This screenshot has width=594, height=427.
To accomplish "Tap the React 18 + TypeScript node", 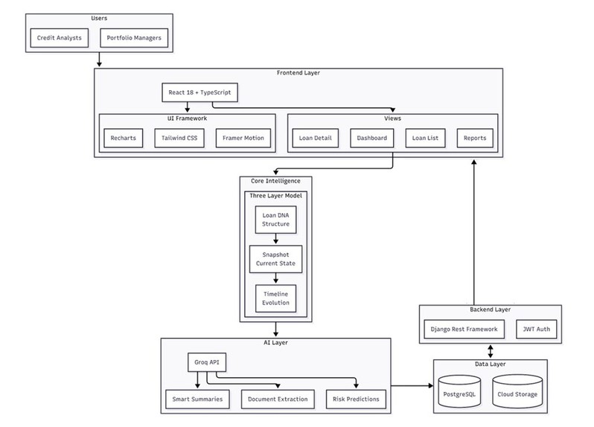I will pyautogui.click(x=199, y=93).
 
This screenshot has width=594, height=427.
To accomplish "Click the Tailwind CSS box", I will pyautogui.click(x=181, y=139).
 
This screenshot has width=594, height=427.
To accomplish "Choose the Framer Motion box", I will pyautogui.click(x=242, y=139).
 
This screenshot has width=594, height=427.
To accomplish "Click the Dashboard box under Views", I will pyautogui.click(x=372, y=139).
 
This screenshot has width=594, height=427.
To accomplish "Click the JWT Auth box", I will pyautogui.click(x=535, y=328).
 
